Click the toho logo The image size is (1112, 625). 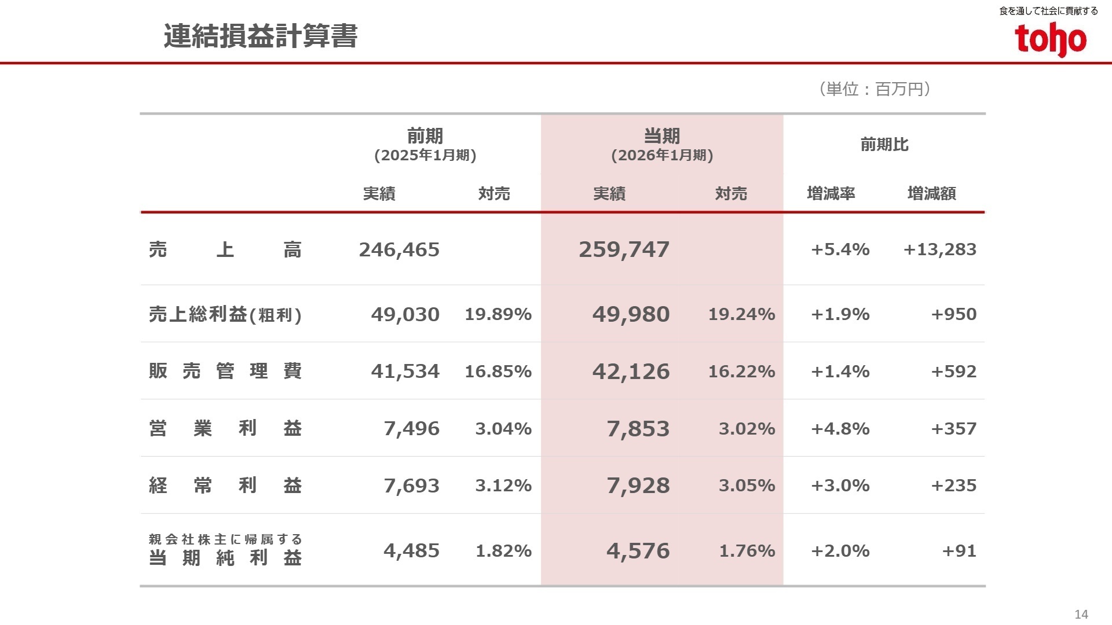point(1050,39)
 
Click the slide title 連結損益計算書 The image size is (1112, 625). point(261,36)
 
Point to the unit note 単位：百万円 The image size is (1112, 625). point(875,89)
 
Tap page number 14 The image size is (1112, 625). point(1081,614)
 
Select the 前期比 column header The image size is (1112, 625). point(884,145)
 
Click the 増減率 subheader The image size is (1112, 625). point(831,193)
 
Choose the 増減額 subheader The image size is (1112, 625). point(931,193)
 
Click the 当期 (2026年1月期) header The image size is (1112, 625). point(661,145)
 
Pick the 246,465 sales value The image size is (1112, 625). point(399,250)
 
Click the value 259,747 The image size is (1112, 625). point(624,250)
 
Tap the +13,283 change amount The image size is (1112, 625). point(939,249)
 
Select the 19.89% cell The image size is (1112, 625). point(498,314)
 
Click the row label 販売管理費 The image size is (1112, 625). point(225,371)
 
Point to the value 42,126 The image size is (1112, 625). point(631,372)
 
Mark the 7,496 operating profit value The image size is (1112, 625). point(411,429)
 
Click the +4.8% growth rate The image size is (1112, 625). point(840,429)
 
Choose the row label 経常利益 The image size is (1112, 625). point(225,486)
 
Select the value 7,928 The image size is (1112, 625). point(638,486)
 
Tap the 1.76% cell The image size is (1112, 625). point(747,551)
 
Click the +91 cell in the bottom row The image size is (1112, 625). point(959,551)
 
